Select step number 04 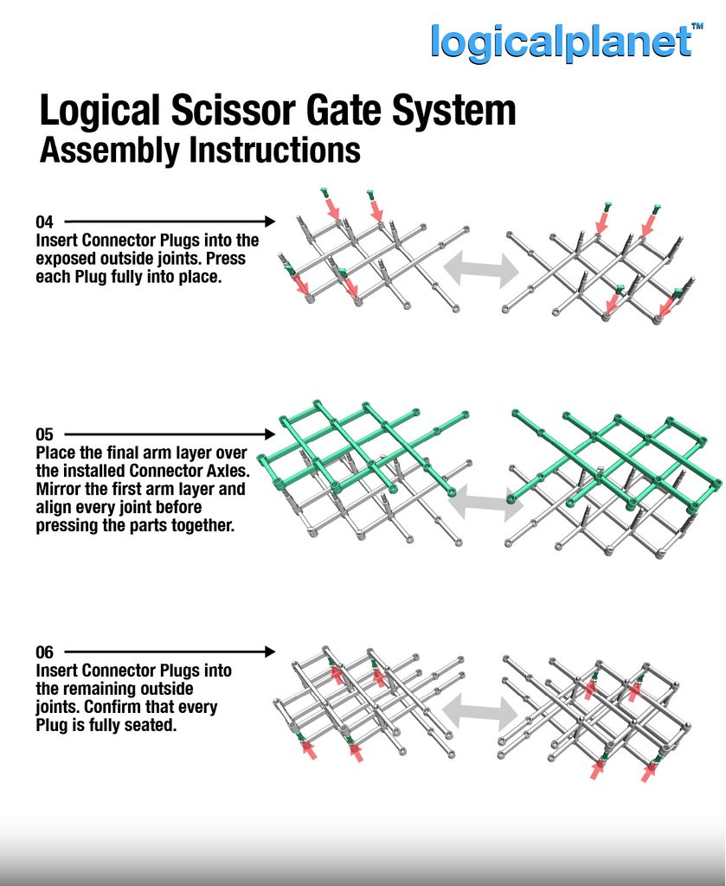pos(45,221)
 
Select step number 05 pos(45,434)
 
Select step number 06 pos(45,652)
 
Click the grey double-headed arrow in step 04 pos(481,269)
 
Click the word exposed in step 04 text pos(63,260)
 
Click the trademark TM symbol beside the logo pos(697,26)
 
